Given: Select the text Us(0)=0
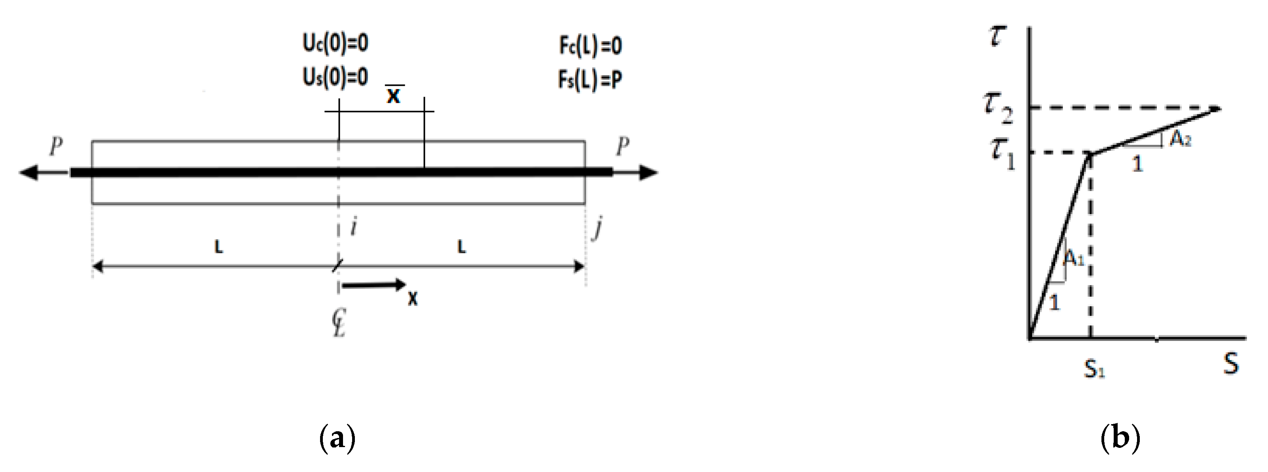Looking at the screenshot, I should [x=335, y=77].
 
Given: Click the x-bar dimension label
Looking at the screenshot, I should [x=394, y=95].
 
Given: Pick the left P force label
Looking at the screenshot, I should [x=57, y=146].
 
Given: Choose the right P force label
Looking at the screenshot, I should [x=623, y=146].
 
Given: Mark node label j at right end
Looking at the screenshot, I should [x=597, y=229].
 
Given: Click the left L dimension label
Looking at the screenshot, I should [x=218, y=247].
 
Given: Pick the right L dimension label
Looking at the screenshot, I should [x=461, y=247].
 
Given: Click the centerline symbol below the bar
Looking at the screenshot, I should [x=339, y=324].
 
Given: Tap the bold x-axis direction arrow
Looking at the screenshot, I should [x=374, y=284].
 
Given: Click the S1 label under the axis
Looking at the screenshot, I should [x=1094, y=369].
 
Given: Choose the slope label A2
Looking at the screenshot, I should [x=1180, y=140].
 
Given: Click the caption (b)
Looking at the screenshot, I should [x=1120, y=438].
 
